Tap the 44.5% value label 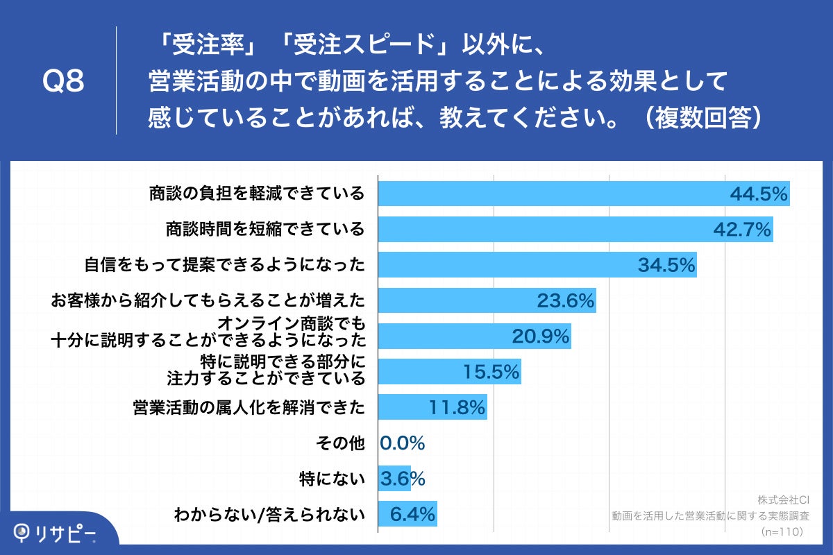point(759,194)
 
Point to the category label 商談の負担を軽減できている point(257,194)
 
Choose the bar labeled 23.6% point(486,300)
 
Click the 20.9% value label point(541,336)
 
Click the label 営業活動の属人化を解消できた point(249,407)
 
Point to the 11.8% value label point(456,408)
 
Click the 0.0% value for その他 point(403,443)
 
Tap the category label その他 point(339,443)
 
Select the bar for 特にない point(394,479)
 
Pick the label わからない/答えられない point(269,514)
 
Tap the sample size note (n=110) point(782,531)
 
